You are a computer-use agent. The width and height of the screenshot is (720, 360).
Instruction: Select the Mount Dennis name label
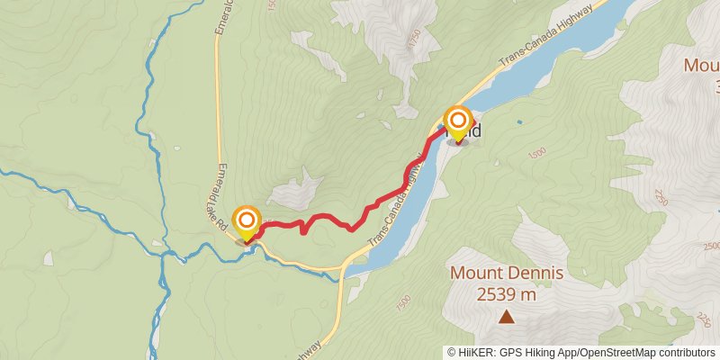coord(507,273)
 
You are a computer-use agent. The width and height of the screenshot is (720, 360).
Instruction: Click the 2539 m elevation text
coord(507,293)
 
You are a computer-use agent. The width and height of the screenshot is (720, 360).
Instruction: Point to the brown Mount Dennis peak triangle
coord(507,316)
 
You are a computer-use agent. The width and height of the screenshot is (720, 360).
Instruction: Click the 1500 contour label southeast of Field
coord(536,155)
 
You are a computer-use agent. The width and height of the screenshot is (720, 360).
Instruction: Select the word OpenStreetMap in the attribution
coord(613,353)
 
